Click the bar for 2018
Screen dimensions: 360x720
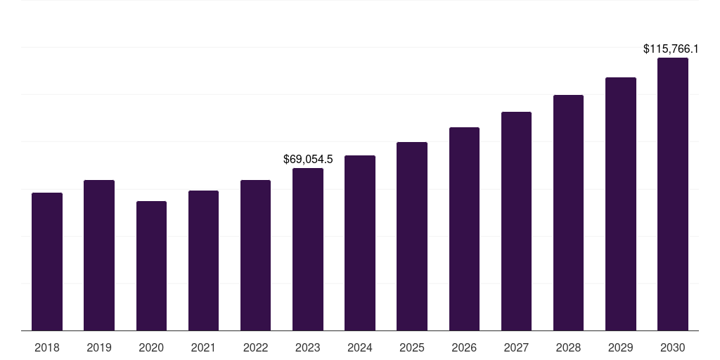click(47, 262)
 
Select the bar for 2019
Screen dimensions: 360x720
click(99, 255)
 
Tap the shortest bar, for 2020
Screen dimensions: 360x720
click(151, 266)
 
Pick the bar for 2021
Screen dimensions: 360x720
click(203, 261)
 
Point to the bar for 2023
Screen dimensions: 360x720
click(308, 250)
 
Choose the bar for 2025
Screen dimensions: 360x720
click(412, 236)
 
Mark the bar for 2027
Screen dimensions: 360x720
click(516, 221)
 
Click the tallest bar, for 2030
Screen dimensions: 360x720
click(673, 194)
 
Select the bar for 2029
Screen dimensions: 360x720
click(621, 204)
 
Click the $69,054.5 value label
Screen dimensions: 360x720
click(308, 160)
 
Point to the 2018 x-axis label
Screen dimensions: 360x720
click(47, 347)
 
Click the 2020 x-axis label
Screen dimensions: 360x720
click(151, 347)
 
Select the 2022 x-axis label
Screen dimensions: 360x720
click(256, 347)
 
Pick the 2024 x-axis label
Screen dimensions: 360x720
click(360, 347)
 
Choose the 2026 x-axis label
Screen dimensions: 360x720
click(464, 347)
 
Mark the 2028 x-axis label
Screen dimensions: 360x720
click(568, 347)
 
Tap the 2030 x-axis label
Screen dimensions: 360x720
click(673, 347)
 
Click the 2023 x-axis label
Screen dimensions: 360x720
click(308, 347)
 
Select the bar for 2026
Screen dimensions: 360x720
click(464, 229)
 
